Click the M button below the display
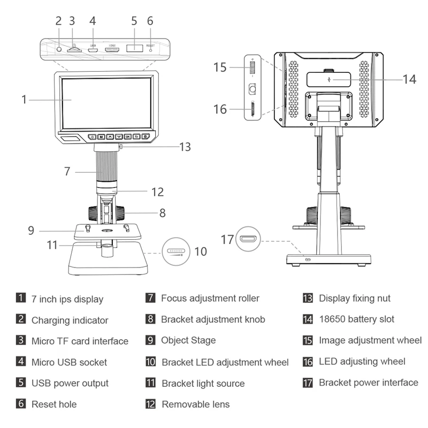100,137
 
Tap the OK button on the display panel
127,137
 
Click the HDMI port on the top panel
112,49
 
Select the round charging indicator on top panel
60,49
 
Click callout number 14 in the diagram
409,79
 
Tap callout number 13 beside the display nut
185,147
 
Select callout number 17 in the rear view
227,239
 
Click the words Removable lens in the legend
195,404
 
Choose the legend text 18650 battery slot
356,319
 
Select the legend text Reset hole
54,404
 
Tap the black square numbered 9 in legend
150,340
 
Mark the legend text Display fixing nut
355,298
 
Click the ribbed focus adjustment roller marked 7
107,166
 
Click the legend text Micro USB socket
69,362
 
